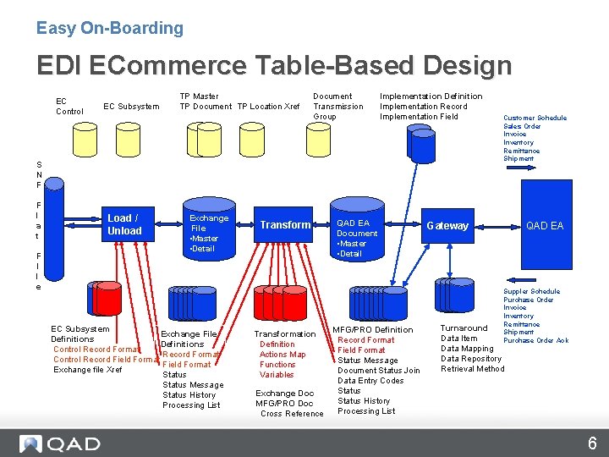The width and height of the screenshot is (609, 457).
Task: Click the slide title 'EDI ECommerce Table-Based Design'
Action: [x=273, y=65]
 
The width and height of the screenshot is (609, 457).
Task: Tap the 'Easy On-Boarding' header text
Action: [x=109, y=28]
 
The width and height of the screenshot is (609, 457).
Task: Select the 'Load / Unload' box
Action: [x=124, y=224]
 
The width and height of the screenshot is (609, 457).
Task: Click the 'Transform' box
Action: [x=285, y=224]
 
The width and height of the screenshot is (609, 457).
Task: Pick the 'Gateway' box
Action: [x=447, y=226]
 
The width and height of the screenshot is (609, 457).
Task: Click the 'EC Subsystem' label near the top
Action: [x=131, y=107]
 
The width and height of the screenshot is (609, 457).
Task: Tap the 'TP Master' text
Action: [x=199, y=96]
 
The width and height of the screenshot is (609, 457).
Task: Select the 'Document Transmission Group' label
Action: [x=337, y=107]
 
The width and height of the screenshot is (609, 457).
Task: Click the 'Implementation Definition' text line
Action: [x=431, y=96]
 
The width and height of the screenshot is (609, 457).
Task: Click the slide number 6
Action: [x=592, y=443]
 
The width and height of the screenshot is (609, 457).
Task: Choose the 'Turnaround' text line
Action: [x=464, y=328]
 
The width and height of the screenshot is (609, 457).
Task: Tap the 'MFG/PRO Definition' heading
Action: [x=372, y=330]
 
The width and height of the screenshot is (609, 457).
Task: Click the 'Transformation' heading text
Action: [x=285, y=334]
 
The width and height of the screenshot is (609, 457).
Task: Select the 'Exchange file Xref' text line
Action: [x=87, y=370]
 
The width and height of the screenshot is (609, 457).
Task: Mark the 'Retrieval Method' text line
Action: [x=472, y=369]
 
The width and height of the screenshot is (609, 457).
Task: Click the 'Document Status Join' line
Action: [x=378, y=371]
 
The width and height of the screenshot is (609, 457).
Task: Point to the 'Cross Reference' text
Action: [x=292, y=414]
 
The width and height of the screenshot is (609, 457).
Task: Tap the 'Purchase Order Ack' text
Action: [x=535, y=341]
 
